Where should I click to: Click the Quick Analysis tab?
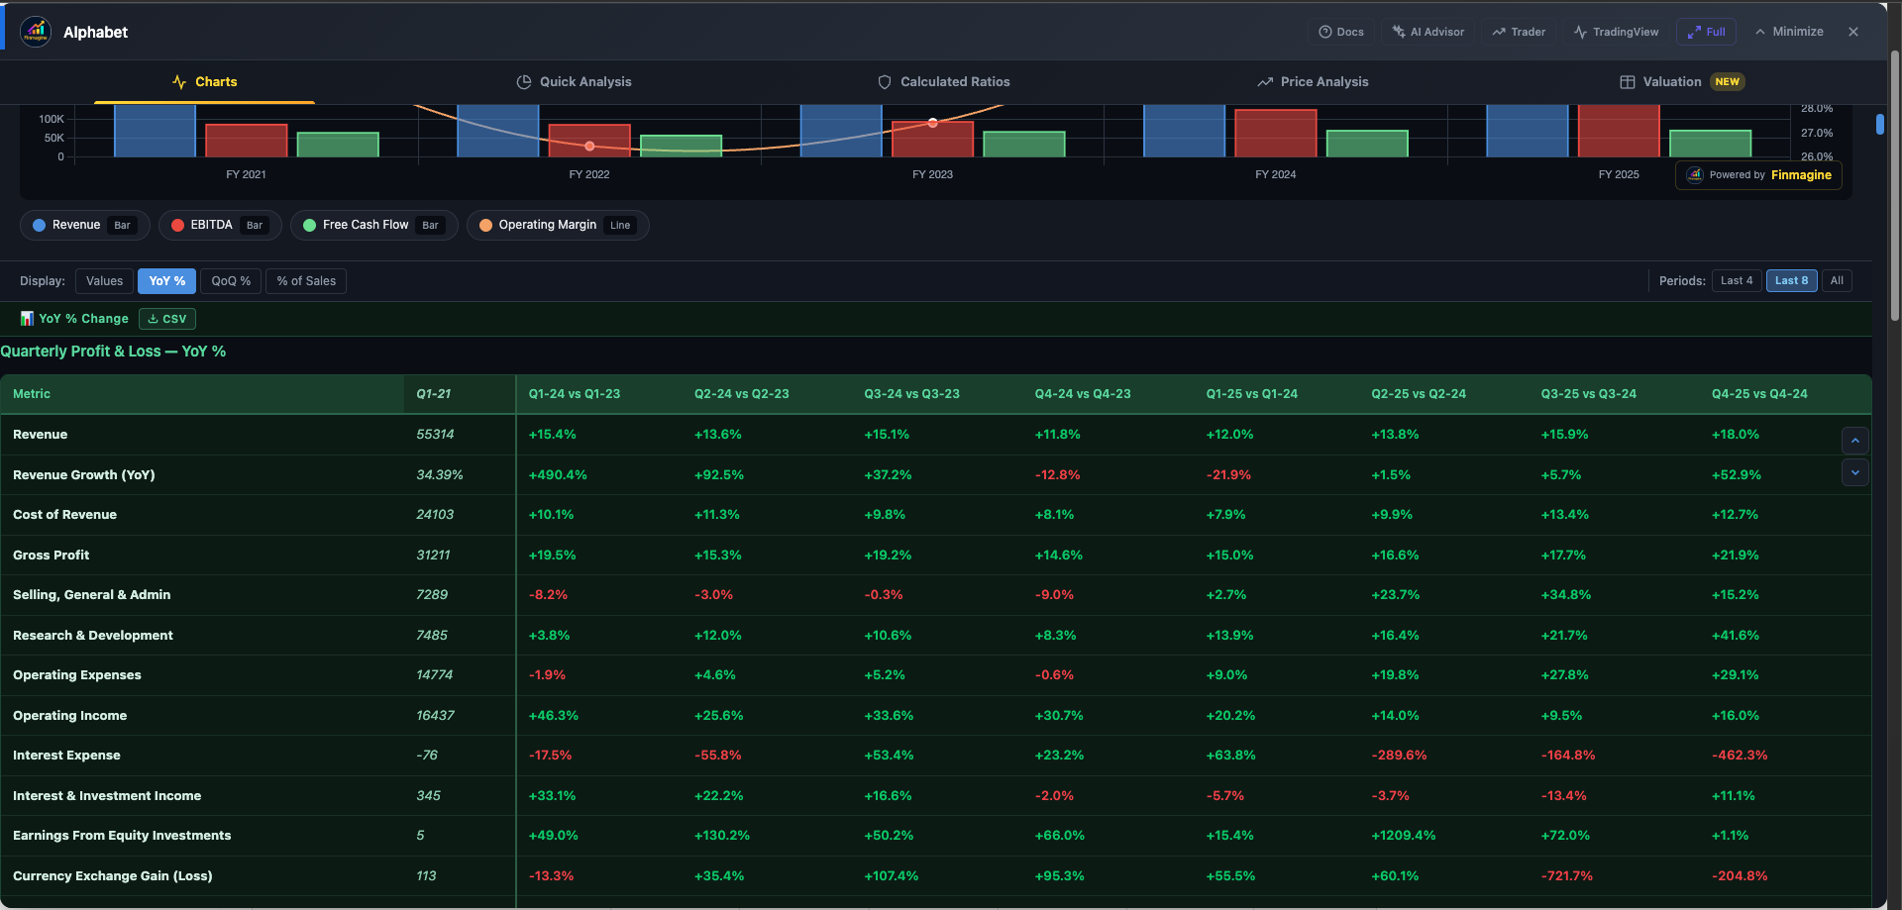[574, 82]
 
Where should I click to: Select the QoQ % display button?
[231, 281]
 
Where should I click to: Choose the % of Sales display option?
[306, 281]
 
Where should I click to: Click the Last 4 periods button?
[1736, 281]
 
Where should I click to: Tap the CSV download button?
[167, 319]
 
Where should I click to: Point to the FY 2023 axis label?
[932, 174]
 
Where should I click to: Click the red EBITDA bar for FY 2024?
[1275, 134]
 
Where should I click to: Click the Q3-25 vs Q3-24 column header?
[1588, 394]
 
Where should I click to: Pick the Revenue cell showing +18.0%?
[1735, 435]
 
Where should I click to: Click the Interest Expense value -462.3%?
[1739, 756]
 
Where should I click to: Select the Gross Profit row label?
[52, 556]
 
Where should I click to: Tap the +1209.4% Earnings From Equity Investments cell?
[1403, 836]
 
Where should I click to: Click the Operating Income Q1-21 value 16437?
[435, 716]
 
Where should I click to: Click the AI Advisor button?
[1427, 32]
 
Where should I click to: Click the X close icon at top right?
[1853, 32]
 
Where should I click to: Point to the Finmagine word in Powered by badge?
[1800, 175]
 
